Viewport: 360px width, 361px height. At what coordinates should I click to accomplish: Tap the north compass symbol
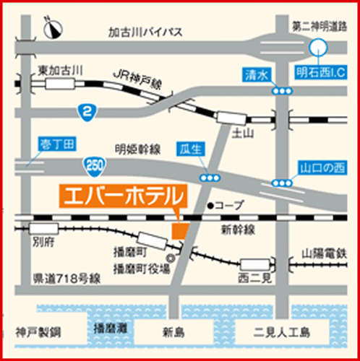[52, 28]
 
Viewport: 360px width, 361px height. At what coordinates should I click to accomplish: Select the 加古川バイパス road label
[145, 32]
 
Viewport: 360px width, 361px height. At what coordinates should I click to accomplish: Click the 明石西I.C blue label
[323, 71]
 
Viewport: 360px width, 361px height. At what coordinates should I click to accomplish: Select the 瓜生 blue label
[190, 149]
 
